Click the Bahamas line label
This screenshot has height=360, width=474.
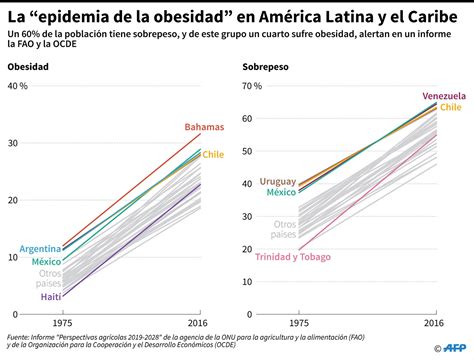(204, 127)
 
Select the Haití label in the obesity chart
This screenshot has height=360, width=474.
(49, 297)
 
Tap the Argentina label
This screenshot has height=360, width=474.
(40, 248)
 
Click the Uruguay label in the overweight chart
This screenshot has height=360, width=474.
(277, 181)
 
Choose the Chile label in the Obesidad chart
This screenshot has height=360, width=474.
(213, 155)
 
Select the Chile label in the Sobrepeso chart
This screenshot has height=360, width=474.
(450, 106)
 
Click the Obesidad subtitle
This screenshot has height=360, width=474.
(27, 67)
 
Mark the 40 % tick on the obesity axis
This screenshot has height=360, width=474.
(18, 87)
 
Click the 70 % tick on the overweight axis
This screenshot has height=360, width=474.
(252, 87)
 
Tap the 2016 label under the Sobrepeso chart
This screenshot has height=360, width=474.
(434, 323)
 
